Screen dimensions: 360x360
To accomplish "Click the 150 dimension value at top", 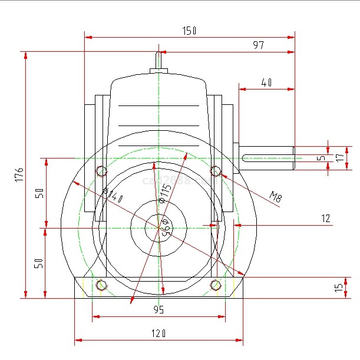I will coord(189,30).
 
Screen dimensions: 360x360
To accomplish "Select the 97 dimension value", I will coord(258,45).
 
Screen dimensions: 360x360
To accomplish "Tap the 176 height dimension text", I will coord(19,174).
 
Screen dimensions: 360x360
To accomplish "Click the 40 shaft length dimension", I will coord(266,82).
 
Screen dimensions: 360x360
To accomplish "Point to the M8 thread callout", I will coord(276,196).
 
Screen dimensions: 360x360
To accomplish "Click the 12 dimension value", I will coord(326,218).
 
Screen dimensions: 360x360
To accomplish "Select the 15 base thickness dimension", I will coord(338,288).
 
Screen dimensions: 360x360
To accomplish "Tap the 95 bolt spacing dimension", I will coord(158,309).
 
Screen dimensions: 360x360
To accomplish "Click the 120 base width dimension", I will coord(158,333).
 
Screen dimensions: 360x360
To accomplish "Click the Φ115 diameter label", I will coord(166,193).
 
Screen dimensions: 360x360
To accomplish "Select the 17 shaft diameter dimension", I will coord(338,158).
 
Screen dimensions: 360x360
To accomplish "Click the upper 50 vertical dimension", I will coord(39,193).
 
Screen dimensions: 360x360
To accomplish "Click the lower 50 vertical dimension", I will coord(39,263).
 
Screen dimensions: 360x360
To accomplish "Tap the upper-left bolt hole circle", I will coord(101,171).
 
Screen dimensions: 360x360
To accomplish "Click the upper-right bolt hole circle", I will coord(216,171).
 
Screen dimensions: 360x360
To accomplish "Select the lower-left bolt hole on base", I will coord(101,285).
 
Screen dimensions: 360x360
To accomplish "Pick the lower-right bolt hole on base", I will coord(216,285).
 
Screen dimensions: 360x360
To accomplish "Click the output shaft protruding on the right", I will coord(268,158).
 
